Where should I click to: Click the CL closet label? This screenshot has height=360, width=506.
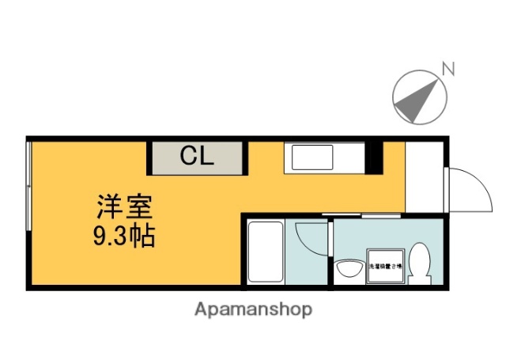point(196,156)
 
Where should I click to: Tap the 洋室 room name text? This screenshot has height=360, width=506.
point(119,207)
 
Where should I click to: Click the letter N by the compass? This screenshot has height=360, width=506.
point(447,70)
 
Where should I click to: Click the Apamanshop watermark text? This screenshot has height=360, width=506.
point(253,309)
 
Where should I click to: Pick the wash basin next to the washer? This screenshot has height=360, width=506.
point(348,268)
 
